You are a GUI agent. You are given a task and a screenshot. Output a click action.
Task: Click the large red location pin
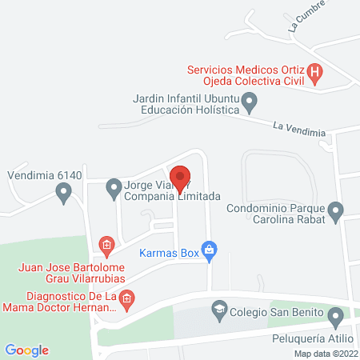[x=180, y=178]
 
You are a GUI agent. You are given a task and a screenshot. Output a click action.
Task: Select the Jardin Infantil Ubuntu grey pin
[x=250, y=102]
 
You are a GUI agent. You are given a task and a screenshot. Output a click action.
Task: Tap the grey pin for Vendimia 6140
[x=63, y=192]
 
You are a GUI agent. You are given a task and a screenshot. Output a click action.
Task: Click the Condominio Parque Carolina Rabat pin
[x=336, y=212]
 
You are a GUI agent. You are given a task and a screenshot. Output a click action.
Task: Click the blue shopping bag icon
[x=209, y=250]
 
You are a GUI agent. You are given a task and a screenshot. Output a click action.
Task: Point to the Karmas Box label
[x=168, y=253]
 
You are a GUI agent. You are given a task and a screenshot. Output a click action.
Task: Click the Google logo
[x=26, y=350]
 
